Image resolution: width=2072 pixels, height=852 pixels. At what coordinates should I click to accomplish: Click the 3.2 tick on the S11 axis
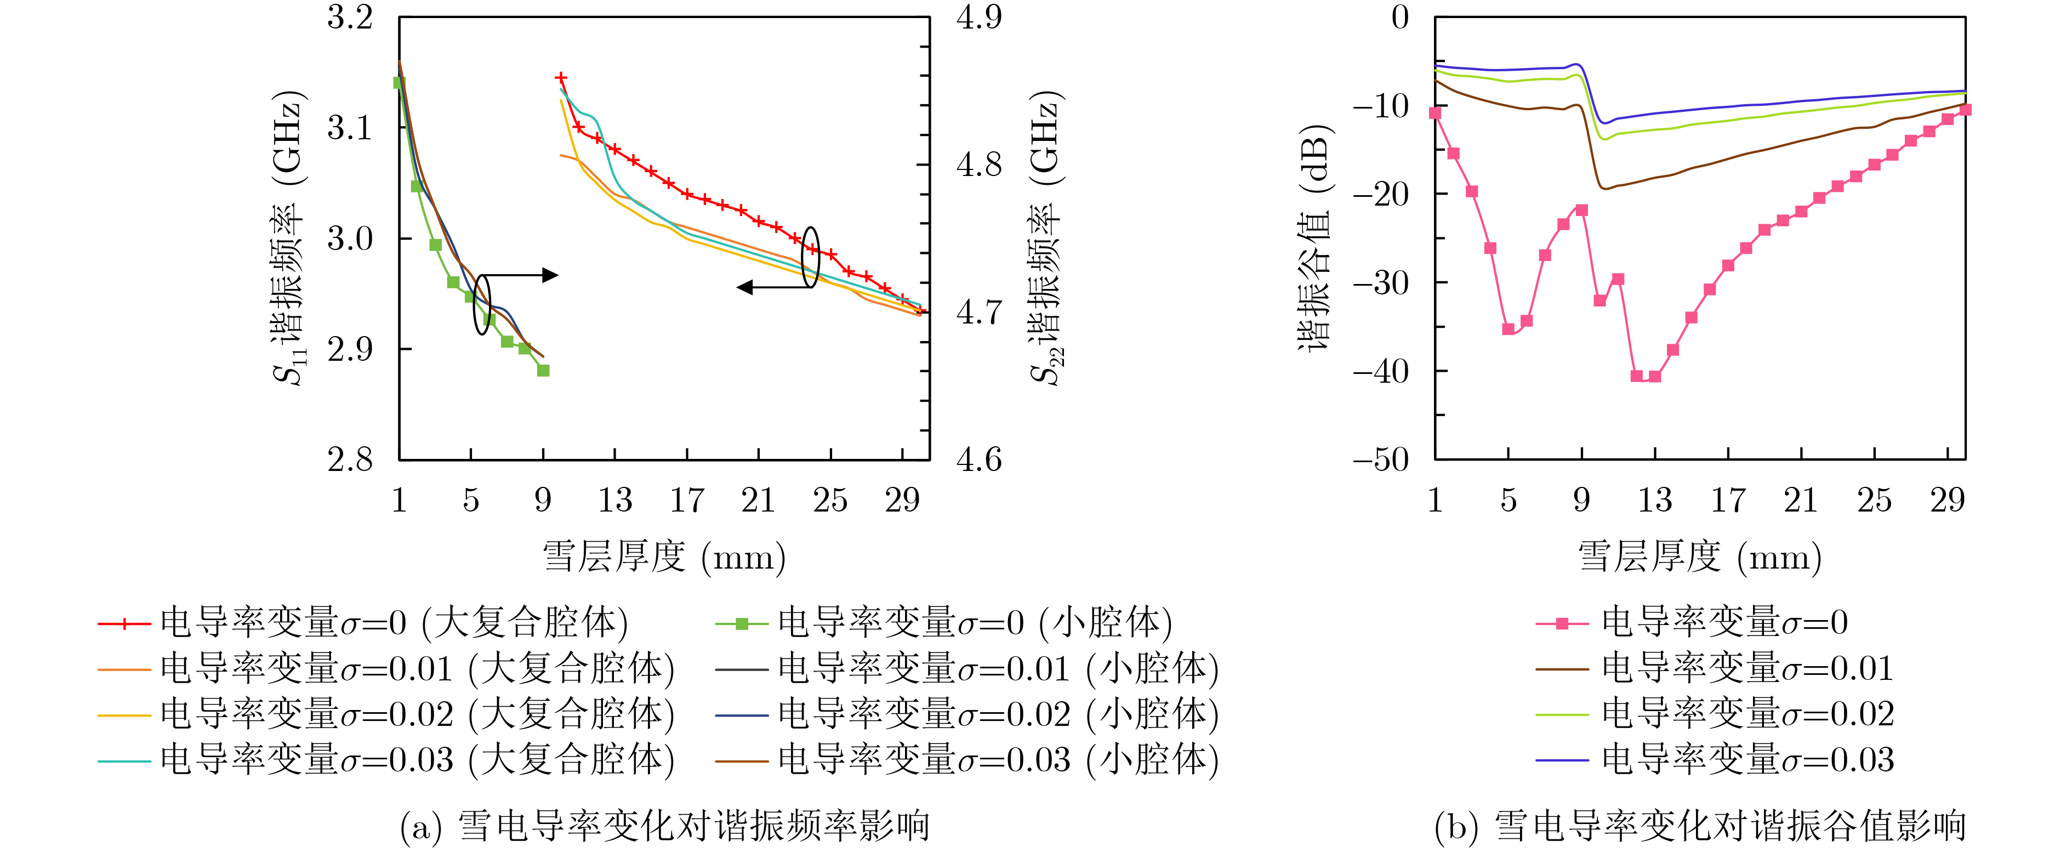(x=350, y=18)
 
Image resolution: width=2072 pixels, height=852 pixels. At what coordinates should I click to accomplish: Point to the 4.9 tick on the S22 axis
(x=979, y=18)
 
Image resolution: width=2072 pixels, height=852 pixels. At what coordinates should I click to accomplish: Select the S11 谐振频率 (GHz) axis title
(x=288, y=239)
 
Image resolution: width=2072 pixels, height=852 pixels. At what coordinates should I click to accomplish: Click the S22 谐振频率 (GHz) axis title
(x=1048, y=239)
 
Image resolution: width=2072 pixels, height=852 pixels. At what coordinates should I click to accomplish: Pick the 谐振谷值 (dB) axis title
(x=1314, y=239)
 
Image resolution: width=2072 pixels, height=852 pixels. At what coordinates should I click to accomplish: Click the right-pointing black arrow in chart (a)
(x=549, y=275)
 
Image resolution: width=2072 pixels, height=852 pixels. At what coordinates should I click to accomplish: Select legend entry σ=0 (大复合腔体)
(x=362, y=623)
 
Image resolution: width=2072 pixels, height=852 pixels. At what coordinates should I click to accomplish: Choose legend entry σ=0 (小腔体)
(x=943, y=623)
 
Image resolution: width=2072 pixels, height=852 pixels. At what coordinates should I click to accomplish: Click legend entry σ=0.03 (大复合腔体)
(x=386, y=759)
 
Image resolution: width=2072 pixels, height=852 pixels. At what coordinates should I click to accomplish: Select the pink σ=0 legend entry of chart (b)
(x=1692, y=623)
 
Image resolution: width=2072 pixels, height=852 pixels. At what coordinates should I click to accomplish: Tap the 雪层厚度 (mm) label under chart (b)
(x=1700, y=556)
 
